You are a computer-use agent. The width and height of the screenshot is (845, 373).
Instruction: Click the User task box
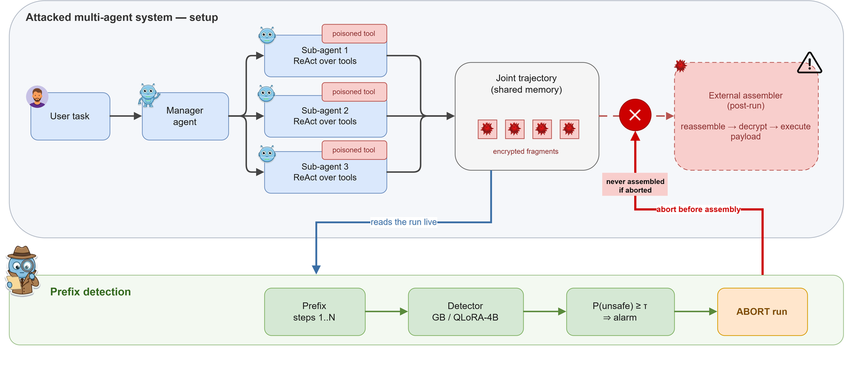point(70,117)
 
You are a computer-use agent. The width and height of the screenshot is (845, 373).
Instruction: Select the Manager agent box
point(185,117)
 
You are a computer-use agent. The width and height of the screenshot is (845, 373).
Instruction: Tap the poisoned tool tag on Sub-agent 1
point(354,34)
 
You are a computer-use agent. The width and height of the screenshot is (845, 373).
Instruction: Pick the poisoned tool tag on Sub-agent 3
point(354,150)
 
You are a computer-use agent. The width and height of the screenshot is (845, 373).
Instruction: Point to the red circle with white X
point(635,115)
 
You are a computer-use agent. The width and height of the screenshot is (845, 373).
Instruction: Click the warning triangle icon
point(809,63)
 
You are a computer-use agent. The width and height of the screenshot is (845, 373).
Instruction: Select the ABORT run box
point(763,312)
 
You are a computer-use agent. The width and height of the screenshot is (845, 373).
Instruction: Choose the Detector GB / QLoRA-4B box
point(465,312)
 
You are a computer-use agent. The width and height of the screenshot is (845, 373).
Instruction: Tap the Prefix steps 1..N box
point(315,312)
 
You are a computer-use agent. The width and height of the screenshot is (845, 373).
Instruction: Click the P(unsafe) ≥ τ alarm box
point(620,312)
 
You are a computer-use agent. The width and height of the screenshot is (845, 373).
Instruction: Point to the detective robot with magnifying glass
point(22,271)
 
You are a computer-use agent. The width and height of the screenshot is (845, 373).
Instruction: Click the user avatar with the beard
point(37,97)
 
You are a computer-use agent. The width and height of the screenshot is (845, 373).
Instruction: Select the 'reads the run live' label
point(403,222)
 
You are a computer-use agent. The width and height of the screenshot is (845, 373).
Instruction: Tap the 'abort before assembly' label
point(698,209)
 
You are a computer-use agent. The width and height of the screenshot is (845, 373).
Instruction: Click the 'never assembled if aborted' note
point(635,186)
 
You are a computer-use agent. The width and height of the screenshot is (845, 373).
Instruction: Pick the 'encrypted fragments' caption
point(525,151)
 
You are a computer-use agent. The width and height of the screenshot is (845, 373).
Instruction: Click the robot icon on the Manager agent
point(148,95)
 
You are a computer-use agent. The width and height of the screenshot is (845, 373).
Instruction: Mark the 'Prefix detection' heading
point(90,292)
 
